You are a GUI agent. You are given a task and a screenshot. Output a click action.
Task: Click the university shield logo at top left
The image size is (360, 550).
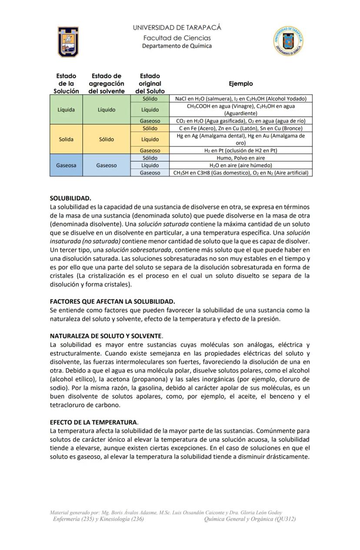(x=68, y=42)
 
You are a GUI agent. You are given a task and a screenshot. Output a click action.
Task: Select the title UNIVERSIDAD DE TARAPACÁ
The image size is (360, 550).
(x=177, y=27)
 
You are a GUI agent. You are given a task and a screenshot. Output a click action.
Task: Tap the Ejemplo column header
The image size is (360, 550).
(x=240, y=84)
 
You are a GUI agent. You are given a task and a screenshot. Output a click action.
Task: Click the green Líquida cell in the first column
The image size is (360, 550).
(x=66, y=110)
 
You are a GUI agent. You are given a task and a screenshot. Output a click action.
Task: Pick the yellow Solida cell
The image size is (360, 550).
(x=66, y=139)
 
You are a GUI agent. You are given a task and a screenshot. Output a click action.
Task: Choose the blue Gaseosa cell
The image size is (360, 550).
(x=66, y=165)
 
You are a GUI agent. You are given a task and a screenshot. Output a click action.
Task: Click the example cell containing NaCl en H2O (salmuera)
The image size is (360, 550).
(x=240, y=99)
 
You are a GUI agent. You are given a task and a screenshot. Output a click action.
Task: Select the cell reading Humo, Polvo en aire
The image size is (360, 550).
(x=240, y=158)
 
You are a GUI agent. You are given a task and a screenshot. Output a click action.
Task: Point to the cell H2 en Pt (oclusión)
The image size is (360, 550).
(x=240, y=151)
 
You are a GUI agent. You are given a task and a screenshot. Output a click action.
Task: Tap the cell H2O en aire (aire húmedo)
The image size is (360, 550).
(x=240, y=165)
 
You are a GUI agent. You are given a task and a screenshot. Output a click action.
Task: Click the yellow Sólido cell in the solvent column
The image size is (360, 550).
(x=107, y=139)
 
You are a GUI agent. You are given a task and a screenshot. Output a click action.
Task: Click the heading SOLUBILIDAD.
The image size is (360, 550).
(x=70, y=198)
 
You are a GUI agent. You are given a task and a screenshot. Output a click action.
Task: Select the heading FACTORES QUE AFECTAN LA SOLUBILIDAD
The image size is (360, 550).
(x=112, y=301)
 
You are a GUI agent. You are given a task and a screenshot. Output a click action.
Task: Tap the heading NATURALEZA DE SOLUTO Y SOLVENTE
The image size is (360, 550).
(x=106, y=336)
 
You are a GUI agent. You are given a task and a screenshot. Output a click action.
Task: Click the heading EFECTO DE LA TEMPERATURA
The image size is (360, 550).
(x=93, y=422)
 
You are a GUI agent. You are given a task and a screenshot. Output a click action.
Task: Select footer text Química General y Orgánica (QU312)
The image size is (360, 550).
(x=250, y=519)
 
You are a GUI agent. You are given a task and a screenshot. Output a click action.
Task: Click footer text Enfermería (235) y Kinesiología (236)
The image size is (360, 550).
(x=98, y=519)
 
